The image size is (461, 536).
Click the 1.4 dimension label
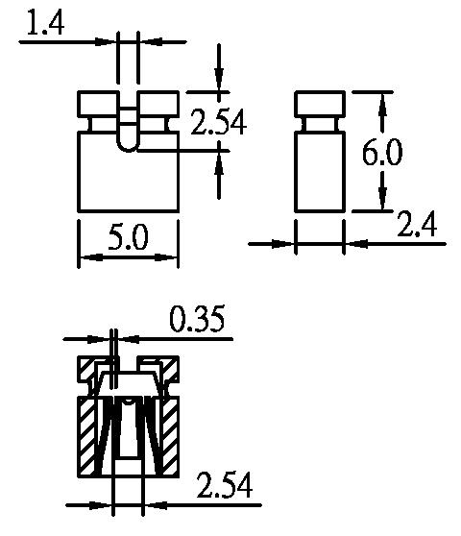(x=45, y=23)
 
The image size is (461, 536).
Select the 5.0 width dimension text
(x=128, y=236)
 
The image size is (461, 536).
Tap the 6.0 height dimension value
(x=382, y=153)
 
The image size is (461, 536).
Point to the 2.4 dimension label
(x=417, y=224)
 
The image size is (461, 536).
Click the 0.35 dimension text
(x=197, y=319)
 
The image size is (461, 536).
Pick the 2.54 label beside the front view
(x=218, y=122)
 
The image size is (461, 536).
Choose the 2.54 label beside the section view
(x=225, y=485)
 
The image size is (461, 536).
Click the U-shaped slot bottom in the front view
(x=128, y=146)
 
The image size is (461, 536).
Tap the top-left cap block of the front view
(x=98, y=104)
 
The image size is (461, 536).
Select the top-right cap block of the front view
(x=158, y=104)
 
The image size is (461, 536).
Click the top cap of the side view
(x=320, y=104)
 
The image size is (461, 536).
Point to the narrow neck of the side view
(x=320, y=125)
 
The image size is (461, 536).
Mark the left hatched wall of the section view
(x=86, y=436)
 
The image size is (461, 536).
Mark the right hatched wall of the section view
(x=170, y=436)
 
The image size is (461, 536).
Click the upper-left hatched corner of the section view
(x=86, y=369)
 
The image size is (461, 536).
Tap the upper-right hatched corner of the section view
(x=171, y=369)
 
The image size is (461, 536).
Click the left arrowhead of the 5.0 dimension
(x=90, y=257)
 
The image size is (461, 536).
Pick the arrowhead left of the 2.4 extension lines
(x=282, y=244)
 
